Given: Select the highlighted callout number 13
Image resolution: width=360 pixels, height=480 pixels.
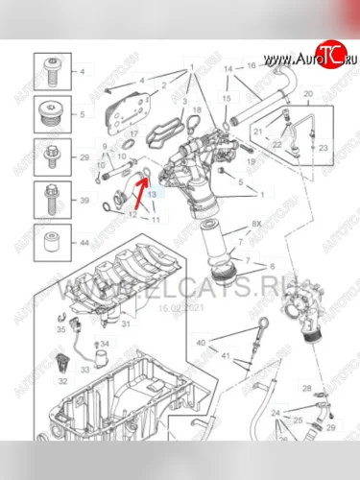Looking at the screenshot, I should pyautogui.click(x=152, y=193).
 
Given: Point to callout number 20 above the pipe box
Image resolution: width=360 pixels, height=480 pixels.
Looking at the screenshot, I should pyautogui.click(x=307, y=93).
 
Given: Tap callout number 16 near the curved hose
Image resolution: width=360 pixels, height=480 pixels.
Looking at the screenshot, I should pyautogui.click(x=251, y=65).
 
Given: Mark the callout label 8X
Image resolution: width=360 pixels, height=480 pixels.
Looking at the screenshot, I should pyautogui.click(x=256, y=224).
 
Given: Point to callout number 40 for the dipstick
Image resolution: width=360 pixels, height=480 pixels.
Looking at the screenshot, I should pyautogui.click(x=201, y=343).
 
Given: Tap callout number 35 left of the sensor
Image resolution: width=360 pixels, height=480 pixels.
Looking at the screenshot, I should pyautogui.click(x=62, y=328).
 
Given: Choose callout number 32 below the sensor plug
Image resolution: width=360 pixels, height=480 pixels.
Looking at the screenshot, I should pyautogui.click(x=62, y=381).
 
